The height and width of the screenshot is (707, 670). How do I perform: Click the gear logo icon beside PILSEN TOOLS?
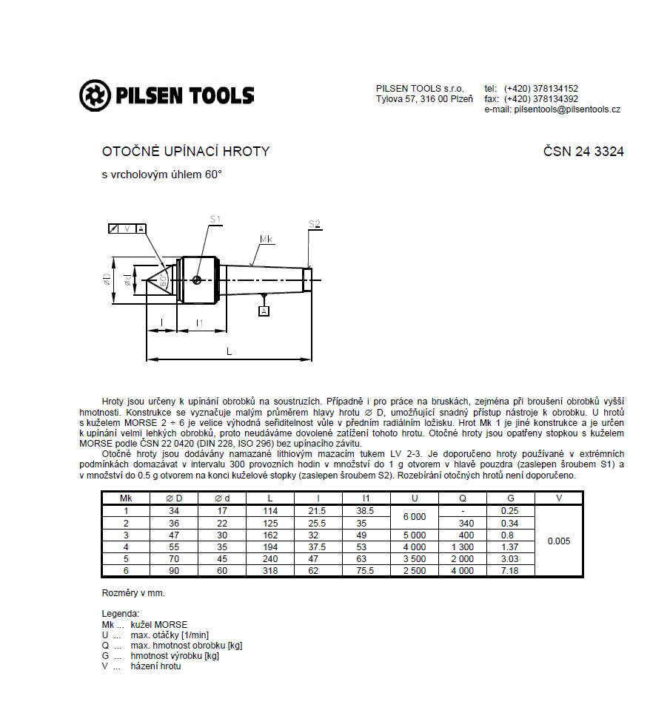pyautogui.click(x=95, y=95)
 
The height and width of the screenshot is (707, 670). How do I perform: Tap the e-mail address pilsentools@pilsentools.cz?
pyautogui.click(x=567, y=109)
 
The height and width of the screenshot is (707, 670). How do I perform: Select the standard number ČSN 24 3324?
pyautogui.click(x=583, y=152)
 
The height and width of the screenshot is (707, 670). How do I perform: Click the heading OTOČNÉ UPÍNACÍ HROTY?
pyautogui.click(x=186, y=152)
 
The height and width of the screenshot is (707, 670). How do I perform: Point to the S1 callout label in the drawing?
pyautogui.click(x=215, y=220)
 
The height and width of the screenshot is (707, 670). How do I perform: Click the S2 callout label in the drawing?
pyautogui.click(x=315, y=224)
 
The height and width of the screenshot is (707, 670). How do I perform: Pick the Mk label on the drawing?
pyautogui.click(x=267, y=239)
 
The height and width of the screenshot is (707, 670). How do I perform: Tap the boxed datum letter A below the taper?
pyautogui.click(x=264, y=311)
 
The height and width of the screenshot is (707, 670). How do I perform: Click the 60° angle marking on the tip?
pyautogui.click(x=164, y=281)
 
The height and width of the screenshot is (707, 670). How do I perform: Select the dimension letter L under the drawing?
pyautogui.click(x=230, y=351)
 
